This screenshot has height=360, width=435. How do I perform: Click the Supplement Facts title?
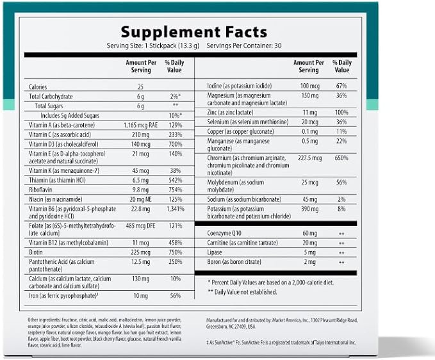[194, 32]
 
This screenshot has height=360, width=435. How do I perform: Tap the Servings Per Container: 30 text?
[244, 45]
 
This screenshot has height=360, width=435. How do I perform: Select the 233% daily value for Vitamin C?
[176, 135]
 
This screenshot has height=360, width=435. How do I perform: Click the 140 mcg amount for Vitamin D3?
[141, 144]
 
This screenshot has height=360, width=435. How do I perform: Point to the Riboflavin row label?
[40, 190]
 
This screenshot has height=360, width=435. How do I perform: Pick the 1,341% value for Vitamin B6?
[176, 209]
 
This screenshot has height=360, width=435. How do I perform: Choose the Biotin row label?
[36, 252]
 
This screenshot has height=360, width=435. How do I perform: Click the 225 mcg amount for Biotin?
[141, 252]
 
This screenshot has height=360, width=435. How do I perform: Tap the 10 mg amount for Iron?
[141, 296]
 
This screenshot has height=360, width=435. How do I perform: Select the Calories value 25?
[141, 87]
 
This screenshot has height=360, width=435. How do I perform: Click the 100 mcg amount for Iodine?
[310, 86]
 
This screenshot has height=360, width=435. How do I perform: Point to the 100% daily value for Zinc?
[341, 112]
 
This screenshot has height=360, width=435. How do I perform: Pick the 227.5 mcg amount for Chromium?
[310, 158]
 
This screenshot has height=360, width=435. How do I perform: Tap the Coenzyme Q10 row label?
[224, 233]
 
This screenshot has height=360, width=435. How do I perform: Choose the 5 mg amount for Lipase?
[310, 252]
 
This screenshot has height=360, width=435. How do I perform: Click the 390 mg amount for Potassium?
[310, 209]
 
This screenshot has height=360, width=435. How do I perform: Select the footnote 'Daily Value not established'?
[242, 291]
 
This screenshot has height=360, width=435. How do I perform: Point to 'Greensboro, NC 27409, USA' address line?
[231, 327]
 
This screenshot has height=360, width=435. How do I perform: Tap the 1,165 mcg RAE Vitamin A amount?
[141, 126]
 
